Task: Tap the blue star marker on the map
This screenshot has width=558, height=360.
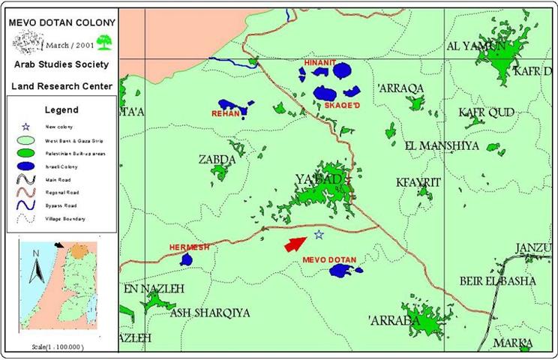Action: (x=319, y=235)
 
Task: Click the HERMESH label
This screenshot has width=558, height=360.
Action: (x=188, y=246)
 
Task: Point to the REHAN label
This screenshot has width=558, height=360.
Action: (x=225, y=114)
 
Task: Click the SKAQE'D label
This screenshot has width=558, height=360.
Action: (x=342, y=105)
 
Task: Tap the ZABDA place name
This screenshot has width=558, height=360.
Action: (x=217, y=159)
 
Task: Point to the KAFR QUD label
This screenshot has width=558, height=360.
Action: (x=486, y=112)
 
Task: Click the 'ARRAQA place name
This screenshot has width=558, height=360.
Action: (x=401, y=88)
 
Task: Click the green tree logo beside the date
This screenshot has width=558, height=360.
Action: (x=103, y=42)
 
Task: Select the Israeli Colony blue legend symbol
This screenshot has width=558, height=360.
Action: (x=25, y=165)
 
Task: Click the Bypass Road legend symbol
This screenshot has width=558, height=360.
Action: (x=25, y=205)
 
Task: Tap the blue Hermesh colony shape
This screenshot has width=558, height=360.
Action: (x=186, y=259)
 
